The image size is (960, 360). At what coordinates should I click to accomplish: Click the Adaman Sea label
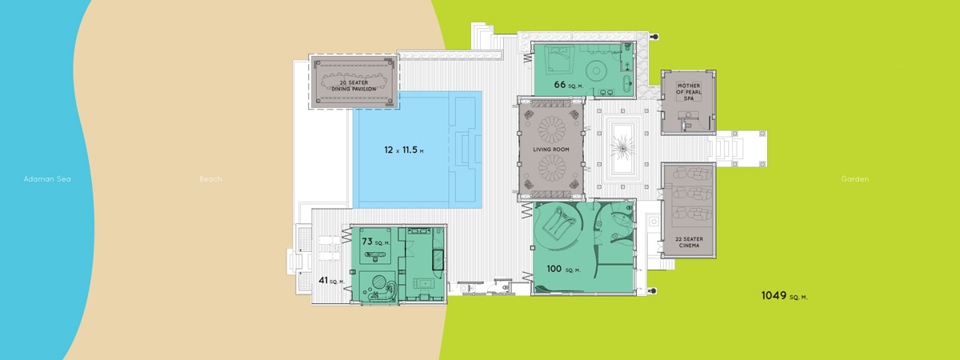coord(47,179)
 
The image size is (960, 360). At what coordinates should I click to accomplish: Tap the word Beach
coord(211,179)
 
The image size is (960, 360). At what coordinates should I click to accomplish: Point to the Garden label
coord(855,179)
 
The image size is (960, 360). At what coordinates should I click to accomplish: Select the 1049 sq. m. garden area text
coord(784,296)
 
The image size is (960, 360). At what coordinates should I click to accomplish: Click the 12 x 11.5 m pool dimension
coord(404,150)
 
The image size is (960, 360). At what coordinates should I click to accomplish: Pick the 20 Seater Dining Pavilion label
coord(354,86)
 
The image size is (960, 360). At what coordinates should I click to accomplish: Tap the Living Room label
coord(551,150)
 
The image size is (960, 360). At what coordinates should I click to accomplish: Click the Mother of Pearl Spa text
coord(689,92)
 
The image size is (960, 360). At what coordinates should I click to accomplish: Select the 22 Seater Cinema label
coord(689,242)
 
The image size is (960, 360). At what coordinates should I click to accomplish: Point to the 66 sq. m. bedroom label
coord(568,85)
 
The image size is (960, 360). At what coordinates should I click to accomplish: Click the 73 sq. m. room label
coord(376,242)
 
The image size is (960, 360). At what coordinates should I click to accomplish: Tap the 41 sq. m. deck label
coord(331,280)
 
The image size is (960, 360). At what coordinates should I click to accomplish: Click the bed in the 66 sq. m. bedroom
coord(559,60)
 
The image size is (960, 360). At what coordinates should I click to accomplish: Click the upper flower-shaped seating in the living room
coord(551,130)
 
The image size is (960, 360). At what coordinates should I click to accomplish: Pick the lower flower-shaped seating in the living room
coord(551,167)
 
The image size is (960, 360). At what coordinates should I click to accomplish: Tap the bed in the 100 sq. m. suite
coord(559,223)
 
